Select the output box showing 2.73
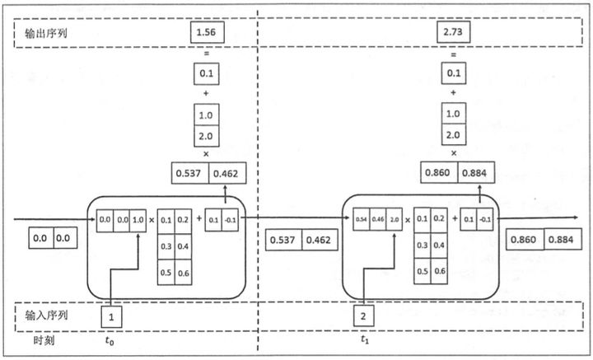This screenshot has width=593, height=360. coord(454,32)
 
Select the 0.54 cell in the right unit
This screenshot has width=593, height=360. coord(360,221)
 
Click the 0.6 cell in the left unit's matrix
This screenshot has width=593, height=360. coord(182,273)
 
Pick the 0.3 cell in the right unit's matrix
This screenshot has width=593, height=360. coord(423,246)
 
